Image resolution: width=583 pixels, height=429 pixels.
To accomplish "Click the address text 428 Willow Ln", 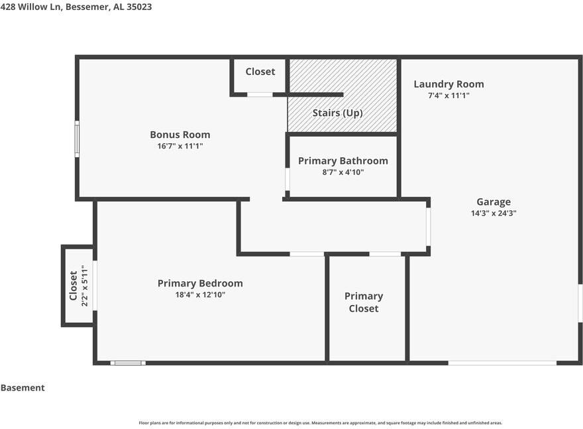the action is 30,7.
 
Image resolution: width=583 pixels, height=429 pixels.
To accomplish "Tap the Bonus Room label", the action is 180,135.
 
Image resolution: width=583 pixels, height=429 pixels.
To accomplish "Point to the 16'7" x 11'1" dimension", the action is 180,146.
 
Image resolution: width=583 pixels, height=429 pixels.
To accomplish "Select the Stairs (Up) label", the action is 337,113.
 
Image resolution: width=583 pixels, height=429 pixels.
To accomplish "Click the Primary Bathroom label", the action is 343,160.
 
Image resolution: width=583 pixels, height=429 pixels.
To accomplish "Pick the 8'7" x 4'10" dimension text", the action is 343,172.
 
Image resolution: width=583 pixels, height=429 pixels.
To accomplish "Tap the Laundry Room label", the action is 449,84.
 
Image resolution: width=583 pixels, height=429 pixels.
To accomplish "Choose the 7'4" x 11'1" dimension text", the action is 449,95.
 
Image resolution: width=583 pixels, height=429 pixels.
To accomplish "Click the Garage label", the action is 494,202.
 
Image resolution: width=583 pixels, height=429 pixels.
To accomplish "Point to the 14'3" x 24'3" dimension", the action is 494,214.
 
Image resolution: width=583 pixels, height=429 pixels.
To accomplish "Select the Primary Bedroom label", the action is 200,283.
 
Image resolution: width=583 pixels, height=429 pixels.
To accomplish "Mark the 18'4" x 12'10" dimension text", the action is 200,294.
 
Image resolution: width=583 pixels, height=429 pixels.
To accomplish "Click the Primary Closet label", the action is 364,302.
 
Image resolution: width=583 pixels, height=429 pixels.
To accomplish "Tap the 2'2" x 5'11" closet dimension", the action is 85,286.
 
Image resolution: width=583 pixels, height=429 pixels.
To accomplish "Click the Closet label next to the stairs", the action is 260,72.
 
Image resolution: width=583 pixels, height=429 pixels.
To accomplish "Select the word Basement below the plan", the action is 23,388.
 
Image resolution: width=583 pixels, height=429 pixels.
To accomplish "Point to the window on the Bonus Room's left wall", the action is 77,139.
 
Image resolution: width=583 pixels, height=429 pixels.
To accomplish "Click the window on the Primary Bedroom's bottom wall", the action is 128,363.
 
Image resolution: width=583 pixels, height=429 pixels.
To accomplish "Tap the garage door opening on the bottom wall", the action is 502,363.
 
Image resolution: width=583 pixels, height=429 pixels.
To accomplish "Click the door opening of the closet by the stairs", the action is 260,95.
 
